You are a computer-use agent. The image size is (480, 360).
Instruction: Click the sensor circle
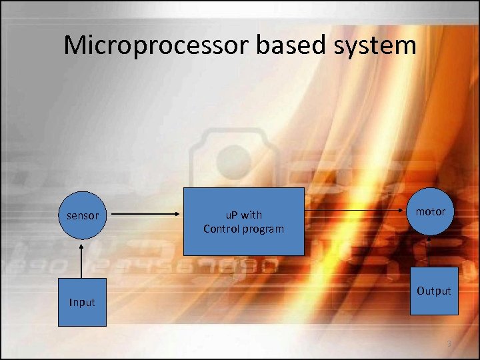tap(83, 215)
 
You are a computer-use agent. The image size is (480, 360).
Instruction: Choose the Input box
tap(82, 302)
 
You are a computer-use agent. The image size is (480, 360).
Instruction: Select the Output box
tap(434, 291)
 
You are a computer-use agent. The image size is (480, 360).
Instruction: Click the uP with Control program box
tap(243, 221)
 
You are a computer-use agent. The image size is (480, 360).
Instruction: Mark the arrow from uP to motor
tap(357, 212)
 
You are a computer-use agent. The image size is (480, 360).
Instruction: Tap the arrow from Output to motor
tap(431, 251)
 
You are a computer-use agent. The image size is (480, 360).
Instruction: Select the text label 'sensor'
tap(83, 215)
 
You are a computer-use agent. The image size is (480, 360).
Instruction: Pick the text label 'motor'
tap(431, 211)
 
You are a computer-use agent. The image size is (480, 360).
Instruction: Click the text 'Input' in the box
tap(82, 302)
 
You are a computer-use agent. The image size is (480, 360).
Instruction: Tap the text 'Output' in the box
tap(434, 291)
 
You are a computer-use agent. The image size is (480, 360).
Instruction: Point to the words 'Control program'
tap(243, 229)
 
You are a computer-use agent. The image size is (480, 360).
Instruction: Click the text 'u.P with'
tap(243, 215)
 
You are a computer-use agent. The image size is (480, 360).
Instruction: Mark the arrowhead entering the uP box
tap(179, 215)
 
